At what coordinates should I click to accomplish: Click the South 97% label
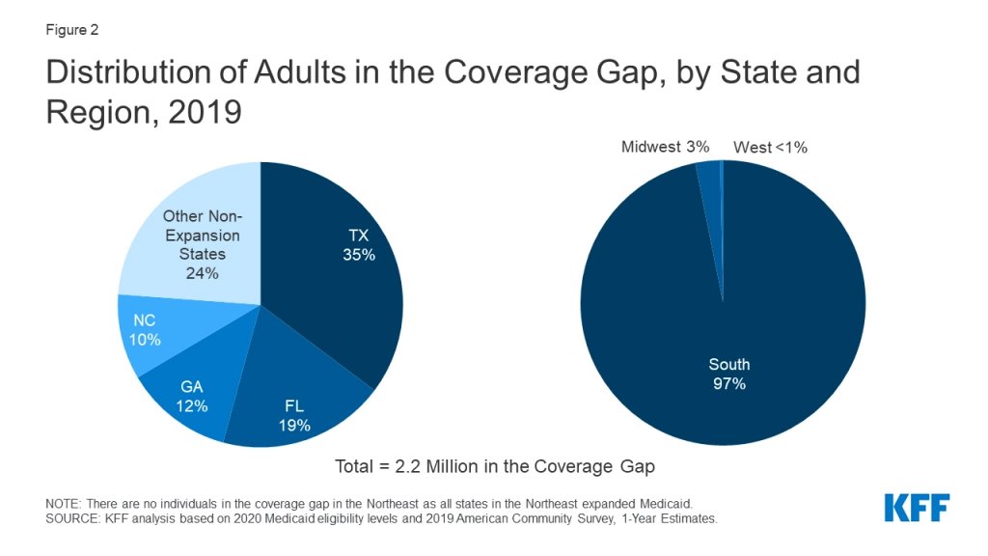[x=728, y=375]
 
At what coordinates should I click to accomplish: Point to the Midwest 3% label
[x=665, y=147]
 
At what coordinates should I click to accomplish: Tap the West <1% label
[x=770, y=148]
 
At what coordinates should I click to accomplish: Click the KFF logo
[x=917, y=508]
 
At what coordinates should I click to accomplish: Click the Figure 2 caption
[x=72, y=30]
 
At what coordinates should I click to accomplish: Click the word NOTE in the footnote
[x=64, y=504]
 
